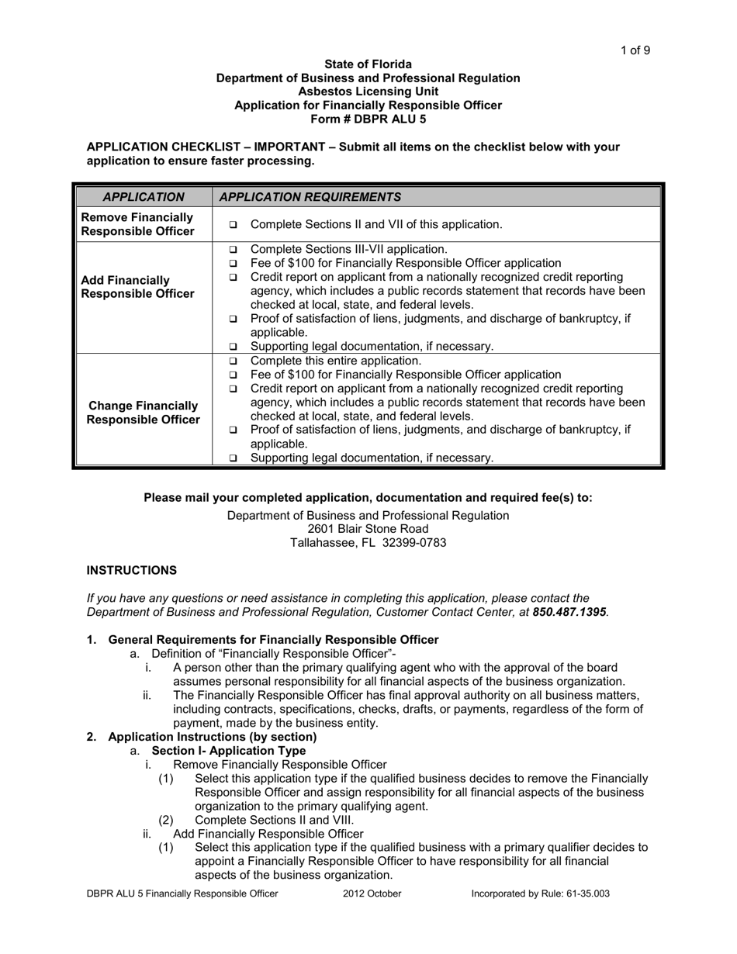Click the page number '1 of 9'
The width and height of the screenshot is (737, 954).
point(635,50)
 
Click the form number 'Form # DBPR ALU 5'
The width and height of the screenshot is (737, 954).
point(368,119)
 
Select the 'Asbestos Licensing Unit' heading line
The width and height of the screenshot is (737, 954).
point(368,92)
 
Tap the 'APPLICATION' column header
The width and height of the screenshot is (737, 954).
point(144,197)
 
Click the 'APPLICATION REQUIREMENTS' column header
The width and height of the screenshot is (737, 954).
point(310,197)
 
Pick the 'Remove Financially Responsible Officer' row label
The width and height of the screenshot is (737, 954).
point(137,224)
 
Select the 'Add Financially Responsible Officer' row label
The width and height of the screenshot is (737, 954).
point(137,286)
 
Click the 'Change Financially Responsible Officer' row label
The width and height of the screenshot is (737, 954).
point(143,413)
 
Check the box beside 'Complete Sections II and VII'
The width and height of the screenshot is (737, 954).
point(234,225)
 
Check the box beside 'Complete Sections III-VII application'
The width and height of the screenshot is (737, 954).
point(234,251)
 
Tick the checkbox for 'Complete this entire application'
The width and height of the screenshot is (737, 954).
point(234,361)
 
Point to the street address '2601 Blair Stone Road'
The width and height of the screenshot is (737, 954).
point(368,529)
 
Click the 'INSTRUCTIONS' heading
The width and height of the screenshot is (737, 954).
point(131,570)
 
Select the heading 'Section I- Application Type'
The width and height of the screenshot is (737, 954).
point(228,751)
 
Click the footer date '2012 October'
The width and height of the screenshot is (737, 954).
point(372,894)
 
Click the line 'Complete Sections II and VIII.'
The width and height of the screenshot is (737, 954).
point(275,820)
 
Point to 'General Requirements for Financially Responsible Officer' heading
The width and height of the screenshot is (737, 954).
point(273,640)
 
